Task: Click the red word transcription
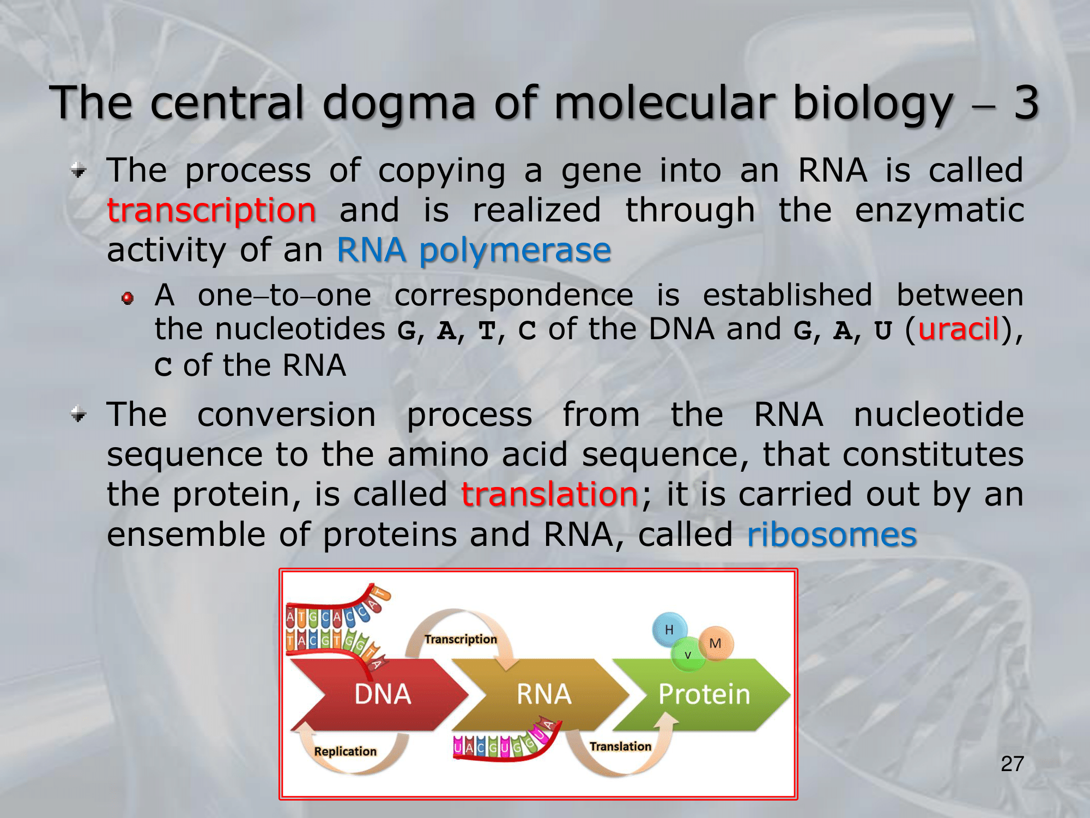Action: pyautogui.click(x=211, y=211)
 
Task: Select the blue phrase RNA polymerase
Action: pyautogui.click(x=474, y=251)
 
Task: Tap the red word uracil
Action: pyautogui.click(x=959, y=329)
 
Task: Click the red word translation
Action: pyautogui.click(x=549, y=494)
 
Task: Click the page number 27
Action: pyautogui.click(x=1013, y=764)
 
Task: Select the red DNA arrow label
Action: pyautogui.click(x=383, y=694)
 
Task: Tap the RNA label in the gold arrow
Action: pyautogui.click(x=543, y=694)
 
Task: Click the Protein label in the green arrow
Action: pyautogui.click(x=704, y=694)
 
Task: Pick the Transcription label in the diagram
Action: pyautogui.click(x=461, y=639)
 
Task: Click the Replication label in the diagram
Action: pyautogui.click(x=345, y=751)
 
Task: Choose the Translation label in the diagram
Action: pyautogui.click(x=620, y=746)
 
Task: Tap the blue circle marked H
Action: pyautogui.click(x=669, y=630)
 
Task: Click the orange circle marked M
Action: pyautogui.click(x=716, y=643)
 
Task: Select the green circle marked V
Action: pyautogui.click(x=688, y=654)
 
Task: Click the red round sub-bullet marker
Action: pyautogui.click(x=128, y=298)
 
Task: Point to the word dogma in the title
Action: pyautogui.click(x=399, y=103)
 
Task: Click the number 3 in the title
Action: pyautogui.click(x=1026, y=103)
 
